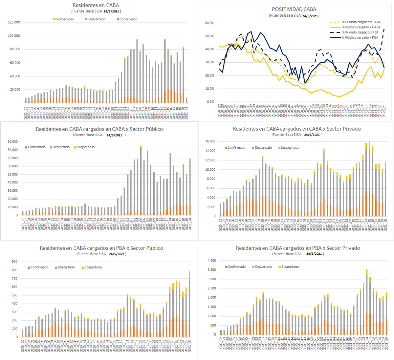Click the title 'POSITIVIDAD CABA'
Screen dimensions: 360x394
pyautogui.click(x=294, y=9)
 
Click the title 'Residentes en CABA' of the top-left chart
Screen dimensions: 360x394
pyautogui.click(x=96, y=5)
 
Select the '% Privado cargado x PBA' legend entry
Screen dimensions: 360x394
pyautogui.click(x=360, y=32)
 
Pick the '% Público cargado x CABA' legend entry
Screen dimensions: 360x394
pyautogui.click(x=361, y=27)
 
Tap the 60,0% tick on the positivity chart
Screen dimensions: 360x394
pyautogui.click(x=210, y=23)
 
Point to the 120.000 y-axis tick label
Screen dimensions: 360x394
pyautogui.click(x=14, y=22)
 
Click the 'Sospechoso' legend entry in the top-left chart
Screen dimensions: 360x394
pyautogui.click(x=65, y=19)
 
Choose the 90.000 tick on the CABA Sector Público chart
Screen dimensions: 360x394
pyautogui.click(x=12, y=142)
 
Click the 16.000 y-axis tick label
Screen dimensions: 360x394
pyautogui.click(x=210, y=141)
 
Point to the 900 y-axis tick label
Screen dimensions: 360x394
pyautogui.click(x=14, y=262)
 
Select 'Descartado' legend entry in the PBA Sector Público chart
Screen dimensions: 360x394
pyautogui.click(x=66, y=267)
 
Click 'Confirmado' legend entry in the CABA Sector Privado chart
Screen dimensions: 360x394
pyautogui.click(x=236, y=148)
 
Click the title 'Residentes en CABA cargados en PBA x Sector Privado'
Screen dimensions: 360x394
pyautogui.click(x=298, y=248)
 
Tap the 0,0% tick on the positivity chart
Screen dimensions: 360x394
pyautogui.click(x=210, y=102)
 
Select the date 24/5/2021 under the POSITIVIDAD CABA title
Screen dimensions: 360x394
pyautogui.click(x=310, y=16)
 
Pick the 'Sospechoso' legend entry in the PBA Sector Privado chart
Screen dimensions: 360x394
pyautogui.click(x=290, y=267)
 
